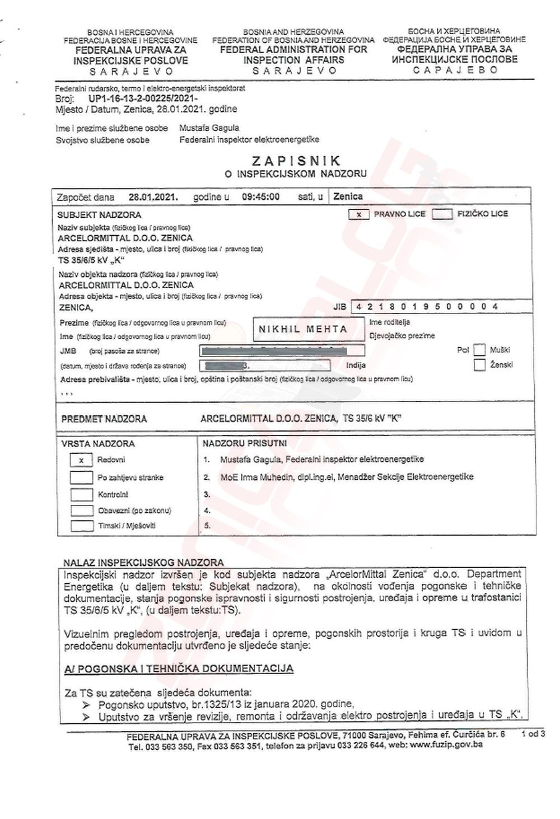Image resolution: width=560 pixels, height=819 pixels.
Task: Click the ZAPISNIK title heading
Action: [296, 162]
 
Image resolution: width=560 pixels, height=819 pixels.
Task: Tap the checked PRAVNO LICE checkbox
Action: [358, 214]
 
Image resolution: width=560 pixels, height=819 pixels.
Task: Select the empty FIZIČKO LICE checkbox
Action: [442, 214]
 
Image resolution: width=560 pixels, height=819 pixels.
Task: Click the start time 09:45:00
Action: [260, 197]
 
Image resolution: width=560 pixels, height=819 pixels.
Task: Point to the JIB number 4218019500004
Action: [426, 307]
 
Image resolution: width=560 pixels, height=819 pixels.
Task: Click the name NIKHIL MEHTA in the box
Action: [302, 329]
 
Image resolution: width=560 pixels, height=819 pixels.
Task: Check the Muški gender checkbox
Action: [479, 350]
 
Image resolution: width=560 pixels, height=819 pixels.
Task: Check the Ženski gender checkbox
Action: [479, 365]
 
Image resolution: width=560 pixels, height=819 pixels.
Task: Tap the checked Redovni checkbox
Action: [81, 460]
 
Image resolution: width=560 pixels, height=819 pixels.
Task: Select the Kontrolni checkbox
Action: [81, 495]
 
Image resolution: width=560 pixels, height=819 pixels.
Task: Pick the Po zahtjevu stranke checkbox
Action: [81, 478]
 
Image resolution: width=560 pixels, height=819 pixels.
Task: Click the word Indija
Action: [356, 366]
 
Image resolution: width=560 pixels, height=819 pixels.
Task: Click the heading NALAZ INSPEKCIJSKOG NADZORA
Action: [143, 563]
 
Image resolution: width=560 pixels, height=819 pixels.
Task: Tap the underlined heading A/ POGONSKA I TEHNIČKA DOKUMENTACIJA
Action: [179, 668]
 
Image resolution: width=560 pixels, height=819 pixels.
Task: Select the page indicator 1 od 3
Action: [533, 734]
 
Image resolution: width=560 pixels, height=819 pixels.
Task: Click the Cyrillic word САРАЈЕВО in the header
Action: [455, 70]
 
